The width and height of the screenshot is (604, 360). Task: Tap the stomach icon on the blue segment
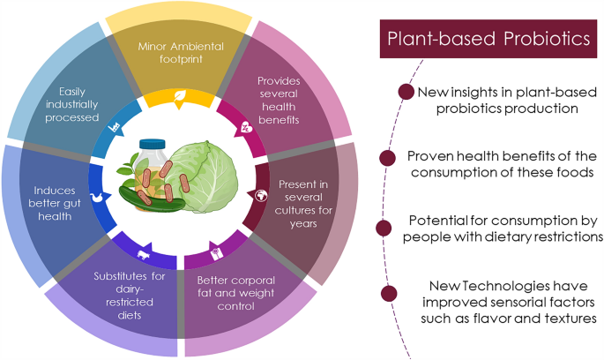click(96, 199)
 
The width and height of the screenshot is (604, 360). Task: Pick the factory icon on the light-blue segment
click(113, 127)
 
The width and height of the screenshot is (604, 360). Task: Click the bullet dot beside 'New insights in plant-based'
click(406, 91)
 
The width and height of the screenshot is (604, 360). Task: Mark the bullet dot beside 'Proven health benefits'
click(385, 159)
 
